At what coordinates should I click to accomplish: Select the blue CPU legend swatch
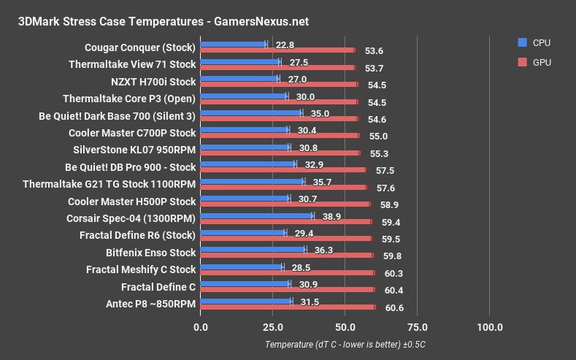coord(521,42)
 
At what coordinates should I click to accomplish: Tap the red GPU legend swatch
coord(521,63)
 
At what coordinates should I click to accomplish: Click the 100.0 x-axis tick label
coord(488,326)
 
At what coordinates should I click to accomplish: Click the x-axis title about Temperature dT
coord(345,345)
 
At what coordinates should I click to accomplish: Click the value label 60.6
coord(394,308)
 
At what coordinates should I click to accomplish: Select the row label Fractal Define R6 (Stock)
coord(137,235)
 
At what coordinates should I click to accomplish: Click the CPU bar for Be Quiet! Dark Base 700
coord(250,113)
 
